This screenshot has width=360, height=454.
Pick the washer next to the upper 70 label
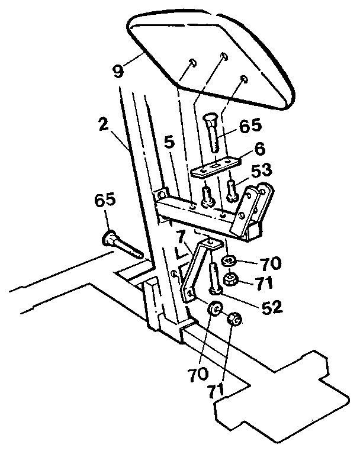[229, 261]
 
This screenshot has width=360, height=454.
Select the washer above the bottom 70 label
[214, 309]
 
